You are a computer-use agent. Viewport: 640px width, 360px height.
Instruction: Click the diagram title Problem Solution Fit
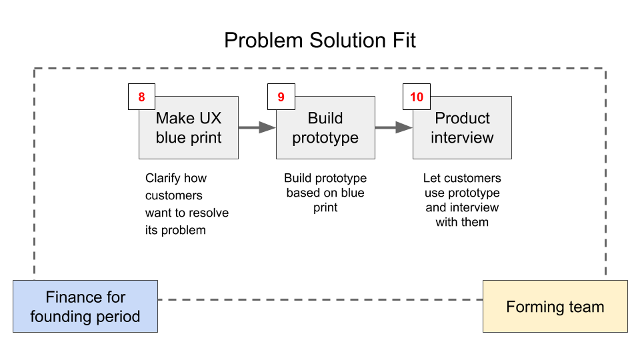pyautogui.click(x=320, y=41)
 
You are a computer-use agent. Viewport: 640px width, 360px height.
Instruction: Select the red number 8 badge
pyautogui.click(x=141, y=97)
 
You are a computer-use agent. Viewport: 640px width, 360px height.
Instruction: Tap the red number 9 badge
pyautogui.click(x=281, y=97)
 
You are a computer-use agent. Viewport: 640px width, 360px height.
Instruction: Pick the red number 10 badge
pyautogui.click(x=417, y=97)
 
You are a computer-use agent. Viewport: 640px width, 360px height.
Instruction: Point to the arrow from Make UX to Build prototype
pyautogui.click(x=257, y=127)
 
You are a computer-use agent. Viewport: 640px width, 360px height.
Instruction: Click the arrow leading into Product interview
pyautogui.click(x=394, y=127)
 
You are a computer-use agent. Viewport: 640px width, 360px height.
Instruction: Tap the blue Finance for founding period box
pyautogui.click(x=85, y=306)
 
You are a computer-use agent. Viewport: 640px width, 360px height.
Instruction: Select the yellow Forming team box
pyautogui.click(x=555, y=306)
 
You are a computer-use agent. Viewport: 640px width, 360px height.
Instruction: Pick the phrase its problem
pyautogui.click(x=175, y=230)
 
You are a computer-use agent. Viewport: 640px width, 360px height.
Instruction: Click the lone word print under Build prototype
pyautogui.click(x=325, y=208)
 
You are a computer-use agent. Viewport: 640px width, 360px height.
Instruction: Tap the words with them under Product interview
pyautogui.click(x=462, y=222)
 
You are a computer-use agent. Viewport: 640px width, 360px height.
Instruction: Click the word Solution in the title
pyautogui.click(x=347, y=41)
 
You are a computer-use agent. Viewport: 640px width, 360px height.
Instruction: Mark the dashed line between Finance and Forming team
pyautogui.click(x=320, y=299)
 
